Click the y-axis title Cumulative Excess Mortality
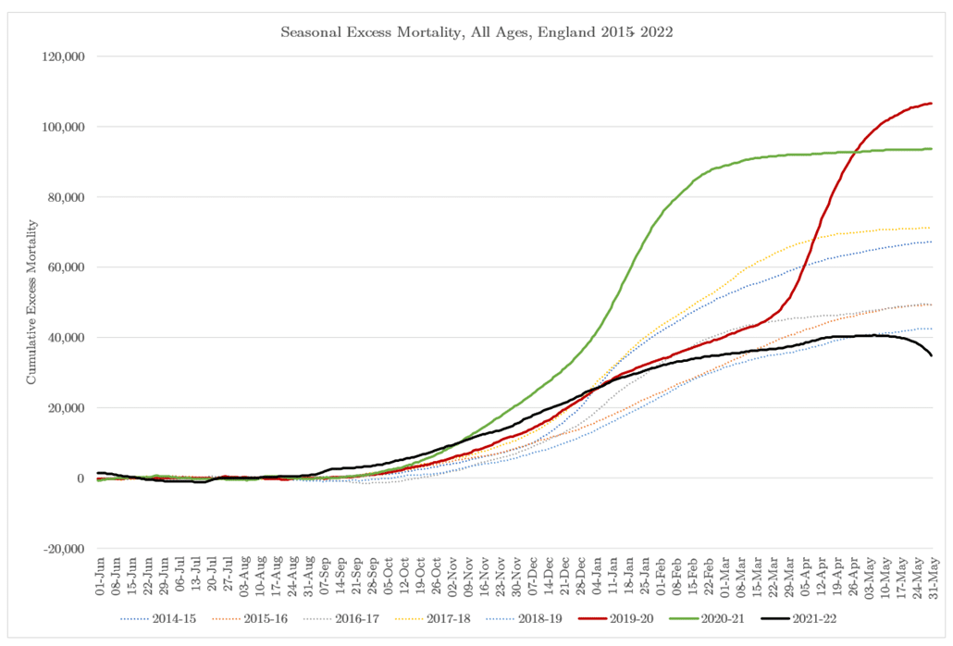click(x=31, y=302)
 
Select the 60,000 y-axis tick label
click(x=63, y=267)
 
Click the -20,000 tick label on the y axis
click(x=61, y=549)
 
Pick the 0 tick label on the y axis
click(x=81, y=478)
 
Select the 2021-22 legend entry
click(x=811, y=614)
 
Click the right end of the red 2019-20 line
click(x=931, y=103)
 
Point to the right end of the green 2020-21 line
click(x=931, y=149)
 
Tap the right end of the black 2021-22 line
click(x=931, y=355)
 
